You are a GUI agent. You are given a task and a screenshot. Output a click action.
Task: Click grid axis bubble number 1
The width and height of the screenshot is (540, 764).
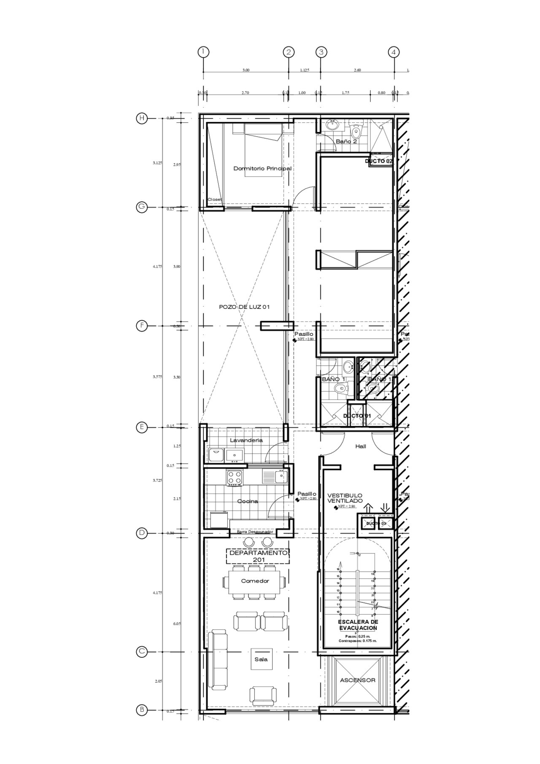pos(203,52)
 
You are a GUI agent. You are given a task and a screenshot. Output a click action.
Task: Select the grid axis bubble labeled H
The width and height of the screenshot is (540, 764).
pos(142,118)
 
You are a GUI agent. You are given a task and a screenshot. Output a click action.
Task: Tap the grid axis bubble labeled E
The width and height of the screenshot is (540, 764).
pos(142,427)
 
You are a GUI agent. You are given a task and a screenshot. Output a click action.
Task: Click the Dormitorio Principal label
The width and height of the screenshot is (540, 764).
pos(262,168)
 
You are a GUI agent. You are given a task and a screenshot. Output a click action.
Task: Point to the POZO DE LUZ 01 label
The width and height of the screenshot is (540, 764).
pos(244,307)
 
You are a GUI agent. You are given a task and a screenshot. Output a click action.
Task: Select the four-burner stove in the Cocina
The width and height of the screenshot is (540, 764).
pos(235,478)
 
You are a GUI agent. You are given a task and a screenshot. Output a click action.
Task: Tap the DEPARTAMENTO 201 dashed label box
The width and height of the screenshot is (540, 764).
pos(258,556)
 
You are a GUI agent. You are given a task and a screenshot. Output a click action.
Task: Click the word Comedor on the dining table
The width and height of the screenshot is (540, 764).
pos(255,581)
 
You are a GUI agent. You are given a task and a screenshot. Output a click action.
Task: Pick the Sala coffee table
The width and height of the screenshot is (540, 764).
pos(261,659)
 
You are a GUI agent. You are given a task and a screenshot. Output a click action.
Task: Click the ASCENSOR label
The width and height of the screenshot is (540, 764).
pos(358,680)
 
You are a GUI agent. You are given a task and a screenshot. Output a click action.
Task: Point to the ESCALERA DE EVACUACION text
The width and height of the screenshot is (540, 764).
pos(358,625)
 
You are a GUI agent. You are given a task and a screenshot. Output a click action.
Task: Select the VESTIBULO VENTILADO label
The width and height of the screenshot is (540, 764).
pos(345,498)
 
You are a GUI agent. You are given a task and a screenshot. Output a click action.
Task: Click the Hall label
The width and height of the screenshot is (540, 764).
pos(360,446)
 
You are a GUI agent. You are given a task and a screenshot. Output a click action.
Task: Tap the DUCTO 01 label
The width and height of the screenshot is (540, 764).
pos(357,416)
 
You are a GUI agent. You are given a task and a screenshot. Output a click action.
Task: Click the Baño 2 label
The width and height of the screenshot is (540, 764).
pos(346,142)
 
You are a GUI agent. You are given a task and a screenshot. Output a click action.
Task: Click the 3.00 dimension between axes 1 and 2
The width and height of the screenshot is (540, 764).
pos(246,70)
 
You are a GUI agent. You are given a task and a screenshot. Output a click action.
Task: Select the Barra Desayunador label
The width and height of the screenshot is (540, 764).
pos(255,532)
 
